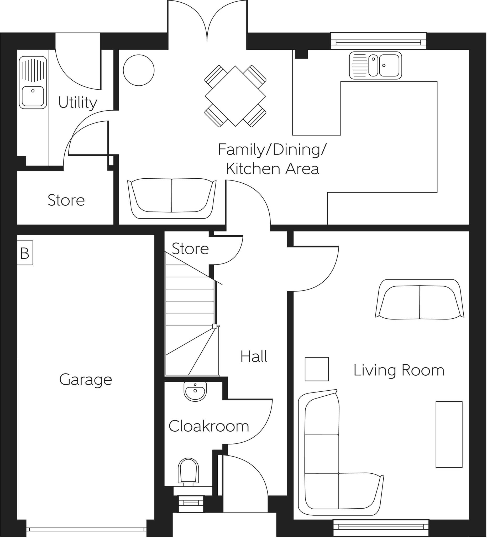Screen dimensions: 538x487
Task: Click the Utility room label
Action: [77, 103]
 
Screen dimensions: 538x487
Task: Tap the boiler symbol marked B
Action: [25, 253]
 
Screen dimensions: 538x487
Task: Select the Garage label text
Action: [85, 380]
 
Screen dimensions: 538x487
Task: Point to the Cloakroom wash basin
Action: [195, 391]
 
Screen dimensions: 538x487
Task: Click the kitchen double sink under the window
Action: [375, 65]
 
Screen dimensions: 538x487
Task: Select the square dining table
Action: [235, 96]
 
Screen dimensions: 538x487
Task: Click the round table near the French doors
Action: [139, 70]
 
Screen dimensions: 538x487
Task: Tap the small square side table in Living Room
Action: [317, 369]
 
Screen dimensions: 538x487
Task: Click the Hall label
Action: [254, 356]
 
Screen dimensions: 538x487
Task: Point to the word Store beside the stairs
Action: [190, 249]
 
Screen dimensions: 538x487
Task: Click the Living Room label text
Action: [399, 370]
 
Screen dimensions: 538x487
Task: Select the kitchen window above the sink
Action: [378, 41]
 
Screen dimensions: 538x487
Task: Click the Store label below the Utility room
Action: [66, 200]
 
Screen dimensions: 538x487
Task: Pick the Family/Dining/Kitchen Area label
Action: [272, 159]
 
